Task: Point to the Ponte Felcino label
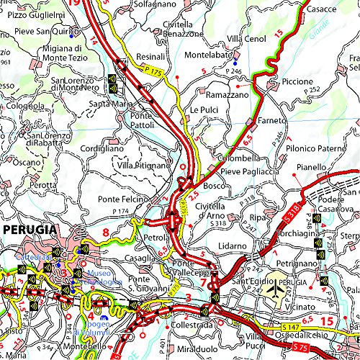123,199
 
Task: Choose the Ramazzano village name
227,94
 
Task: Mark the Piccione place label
297,81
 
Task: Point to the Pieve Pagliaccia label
249,171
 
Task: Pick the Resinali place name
151,55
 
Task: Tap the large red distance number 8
105,232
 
